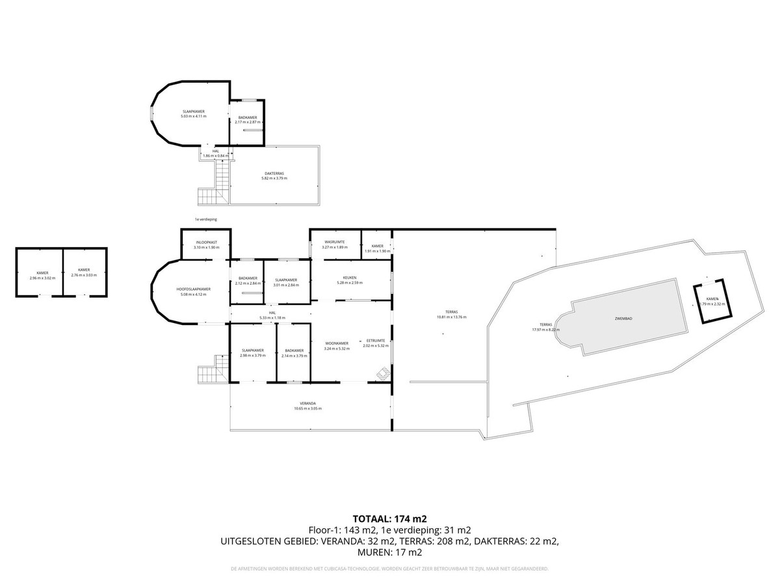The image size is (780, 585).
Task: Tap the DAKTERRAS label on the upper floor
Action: (x=273, y=174)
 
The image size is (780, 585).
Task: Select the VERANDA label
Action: (x=307, y=404)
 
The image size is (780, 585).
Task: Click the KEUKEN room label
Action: (x=346, y=278)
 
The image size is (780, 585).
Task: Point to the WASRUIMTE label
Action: (x=335, y=242)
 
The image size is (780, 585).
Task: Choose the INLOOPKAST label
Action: (x=206, y=242)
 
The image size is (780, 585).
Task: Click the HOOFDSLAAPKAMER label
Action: (x=193, y=289)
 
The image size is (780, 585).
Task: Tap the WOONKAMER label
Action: (x=337, y=343)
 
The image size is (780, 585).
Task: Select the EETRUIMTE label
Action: (x=376, y=341)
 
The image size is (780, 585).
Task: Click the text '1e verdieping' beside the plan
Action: (x=205, y=220)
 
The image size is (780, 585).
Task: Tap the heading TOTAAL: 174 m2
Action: (x=389, y=519)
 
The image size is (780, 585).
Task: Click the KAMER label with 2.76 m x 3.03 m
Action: (x=83, y=270)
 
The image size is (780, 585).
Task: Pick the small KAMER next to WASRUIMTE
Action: (x=377, y=246)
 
